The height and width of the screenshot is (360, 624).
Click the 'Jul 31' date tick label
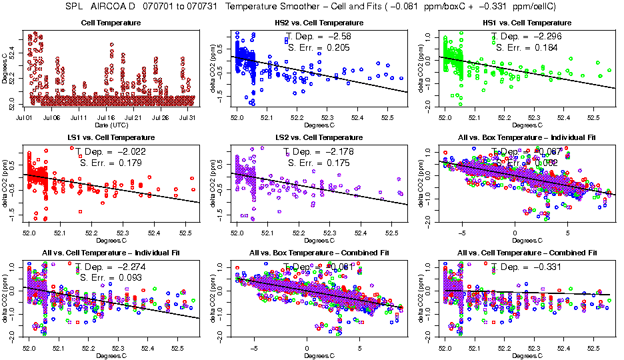click(x=188, y=117)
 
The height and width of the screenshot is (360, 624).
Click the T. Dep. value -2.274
click(x=131, y=266)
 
